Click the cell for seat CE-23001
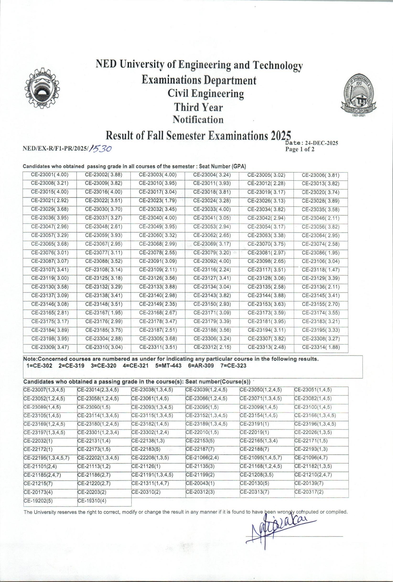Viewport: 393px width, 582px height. tap(50, 175)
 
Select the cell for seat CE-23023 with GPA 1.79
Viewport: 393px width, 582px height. tap(158, 201)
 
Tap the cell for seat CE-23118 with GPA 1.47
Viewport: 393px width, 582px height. tap(321, 270)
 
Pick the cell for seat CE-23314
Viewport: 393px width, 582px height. tap(321, 347)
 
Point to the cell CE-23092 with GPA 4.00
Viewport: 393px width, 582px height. tap(212, 261)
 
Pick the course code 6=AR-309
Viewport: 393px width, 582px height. tap(201, 366)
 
